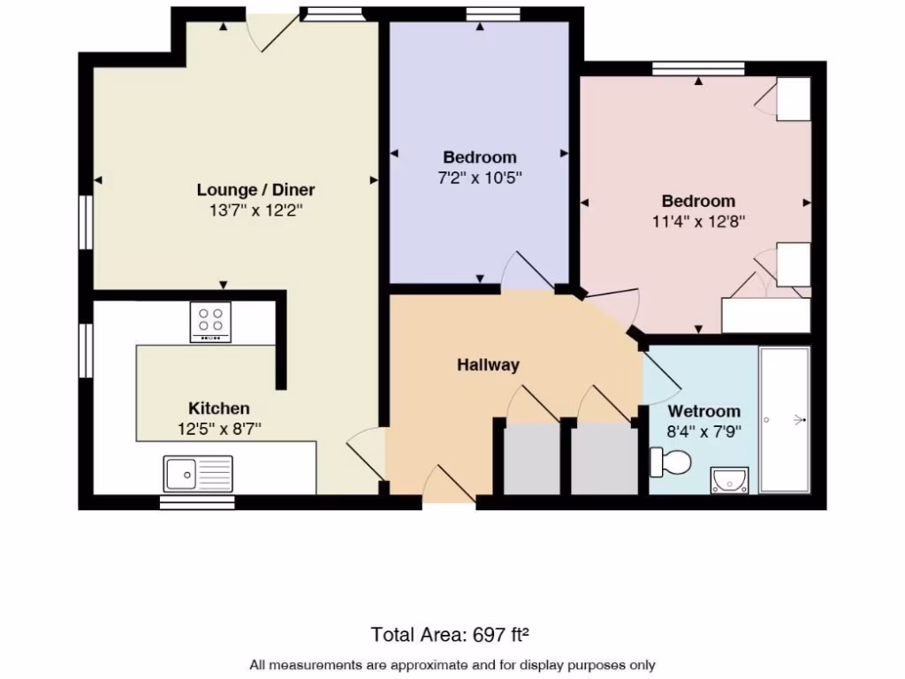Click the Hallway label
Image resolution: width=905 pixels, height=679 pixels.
point(488,364)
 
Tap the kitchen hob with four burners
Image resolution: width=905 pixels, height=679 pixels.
point(210,322)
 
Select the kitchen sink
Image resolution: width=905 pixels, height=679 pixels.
point(198,474)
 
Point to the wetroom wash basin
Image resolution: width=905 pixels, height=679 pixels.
point(730,480)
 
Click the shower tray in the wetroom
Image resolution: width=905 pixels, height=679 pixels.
point(785,420)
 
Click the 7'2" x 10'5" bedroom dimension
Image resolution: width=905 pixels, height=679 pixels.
point(480,178)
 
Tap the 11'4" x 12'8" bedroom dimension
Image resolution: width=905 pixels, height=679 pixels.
point(698,222)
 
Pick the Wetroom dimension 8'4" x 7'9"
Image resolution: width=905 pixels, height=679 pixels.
point(703,432)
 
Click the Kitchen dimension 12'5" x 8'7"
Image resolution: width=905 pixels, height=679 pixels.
point(219,430)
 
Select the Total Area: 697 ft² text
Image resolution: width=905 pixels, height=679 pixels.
point(452,634)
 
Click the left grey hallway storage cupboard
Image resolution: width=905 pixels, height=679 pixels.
point(531,459)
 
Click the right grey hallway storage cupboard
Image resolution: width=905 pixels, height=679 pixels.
point(605,459)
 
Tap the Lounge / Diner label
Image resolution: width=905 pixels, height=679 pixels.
point(255,189)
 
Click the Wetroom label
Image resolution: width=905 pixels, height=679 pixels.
point(703,411)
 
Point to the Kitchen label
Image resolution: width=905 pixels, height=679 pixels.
point(219,408)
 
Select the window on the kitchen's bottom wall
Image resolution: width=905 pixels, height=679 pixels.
point(197,502)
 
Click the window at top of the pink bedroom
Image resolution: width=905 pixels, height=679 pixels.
point(698,68)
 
